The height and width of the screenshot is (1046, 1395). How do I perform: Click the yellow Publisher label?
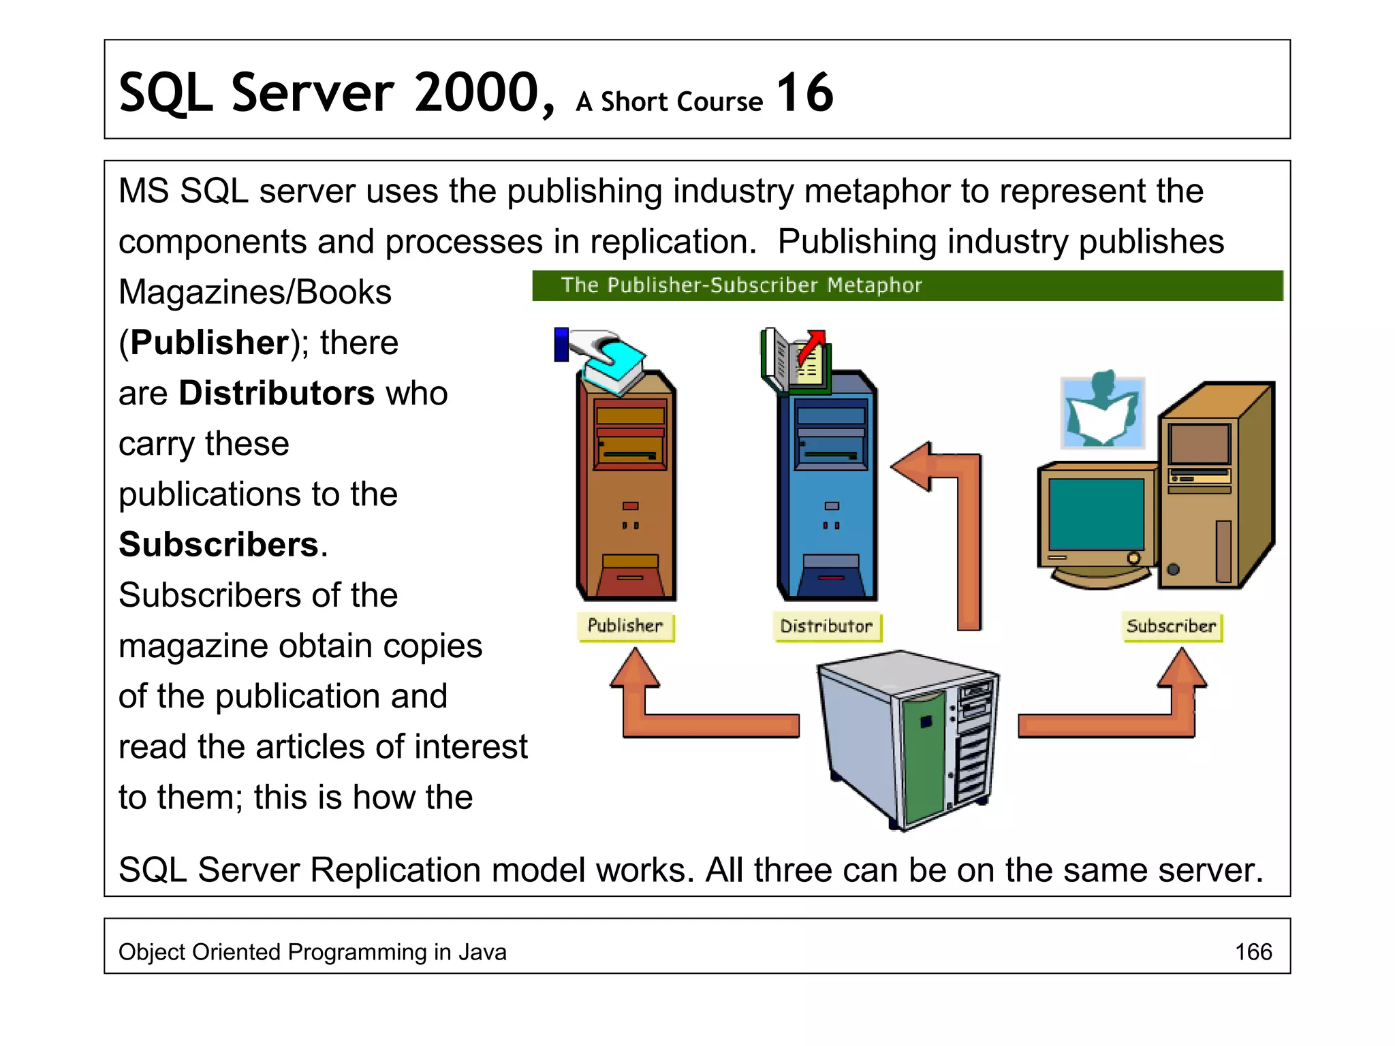625,626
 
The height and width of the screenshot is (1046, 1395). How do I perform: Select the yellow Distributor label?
826,627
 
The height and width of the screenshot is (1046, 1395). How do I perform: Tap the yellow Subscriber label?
1171,627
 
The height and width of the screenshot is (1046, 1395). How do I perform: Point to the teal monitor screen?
1096,513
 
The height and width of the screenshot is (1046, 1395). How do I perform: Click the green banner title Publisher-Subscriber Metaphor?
741,285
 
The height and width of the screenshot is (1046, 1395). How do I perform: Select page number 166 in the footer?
1253,951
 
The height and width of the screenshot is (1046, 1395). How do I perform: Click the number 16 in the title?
804,93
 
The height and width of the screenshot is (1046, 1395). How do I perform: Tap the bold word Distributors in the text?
277,393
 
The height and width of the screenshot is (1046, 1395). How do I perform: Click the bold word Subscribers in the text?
219,545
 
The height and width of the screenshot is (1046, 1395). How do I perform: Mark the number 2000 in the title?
477,93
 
